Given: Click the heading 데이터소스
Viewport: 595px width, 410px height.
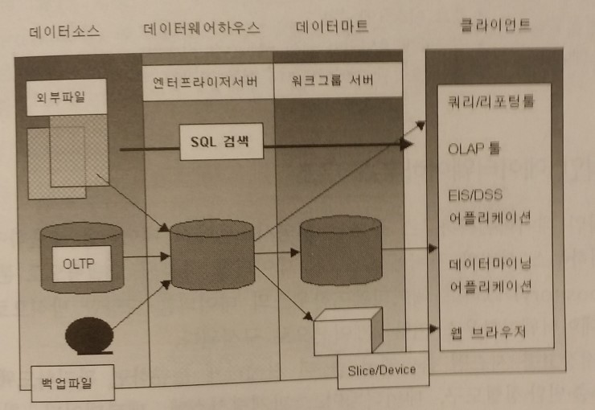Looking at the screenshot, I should (65, 31).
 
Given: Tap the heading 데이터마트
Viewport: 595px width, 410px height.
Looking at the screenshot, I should (331, 27).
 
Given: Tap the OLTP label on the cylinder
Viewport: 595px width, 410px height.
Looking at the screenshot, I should (80, 263).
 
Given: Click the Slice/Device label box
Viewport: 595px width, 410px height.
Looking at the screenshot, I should (382, 371).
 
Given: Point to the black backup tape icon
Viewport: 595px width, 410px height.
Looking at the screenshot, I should (89, 335).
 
